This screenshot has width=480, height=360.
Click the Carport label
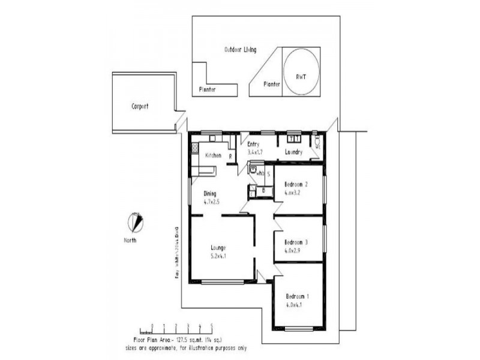click(x=140, y=106)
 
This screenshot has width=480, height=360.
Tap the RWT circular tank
click(x=301, y=71)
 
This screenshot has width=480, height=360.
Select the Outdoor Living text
click(x=240, y=50)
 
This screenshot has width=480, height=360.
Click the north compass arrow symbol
click(x=137, y=223)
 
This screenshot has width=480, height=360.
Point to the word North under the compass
click(x=130, y=240)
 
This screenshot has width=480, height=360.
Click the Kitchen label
click(x=214, y=155)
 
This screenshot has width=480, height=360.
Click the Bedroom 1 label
click(x=298, y=296)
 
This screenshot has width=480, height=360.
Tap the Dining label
click(x=210, y=193)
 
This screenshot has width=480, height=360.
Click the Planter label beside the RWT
click(x=272, y=85)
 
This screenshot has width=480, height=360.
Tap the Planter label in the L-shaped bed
click(x=208, y=89)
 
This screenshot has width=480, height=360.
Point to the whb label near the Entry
click(x=260, y=173)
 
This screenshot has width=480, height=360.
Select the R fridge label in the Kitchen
click(x=230, y=157)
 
